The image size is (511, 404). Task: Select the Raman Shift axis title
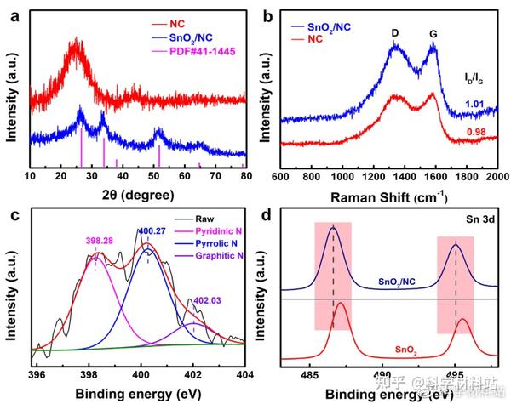click(x=391, y=197)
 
